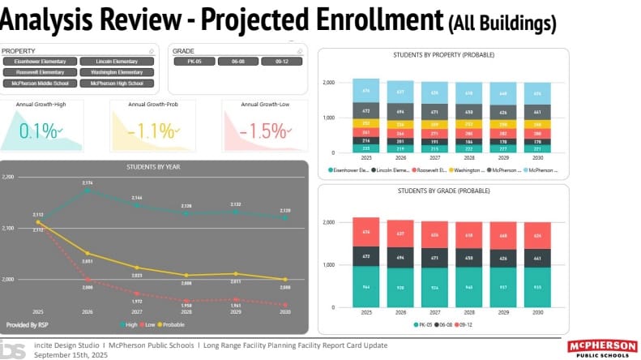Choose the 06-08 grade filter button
[x=238, y=61]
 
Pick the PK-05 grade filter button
[x=194, y=61]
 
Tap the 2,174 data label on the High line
[x=88, y=183]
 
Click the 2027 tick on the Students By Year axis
[x=137, y=311]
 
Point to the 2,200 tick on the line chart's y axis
[x=8, y=176]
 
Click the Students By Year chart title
[x=154, y=166]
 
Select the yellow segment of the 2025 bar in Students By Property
[x=365, y=123]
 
